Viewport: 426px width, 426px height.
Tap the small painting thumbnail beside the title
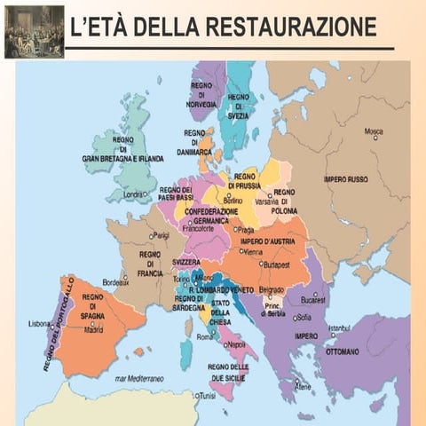point(34,30)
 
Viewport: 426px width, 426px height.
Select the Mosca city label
point(374,131)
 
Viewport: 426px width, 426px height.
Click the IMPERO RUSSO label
point(345,179)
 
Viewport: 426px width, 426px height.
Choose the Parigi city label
point(161,235)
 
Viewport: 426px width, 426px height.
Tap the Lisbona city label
point(40,323)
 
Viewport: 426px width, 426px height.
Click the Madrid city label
point(93,329)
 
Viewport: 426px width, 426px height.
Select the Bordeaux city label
point(115,282)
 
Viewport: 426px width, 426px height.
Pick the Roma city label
point(205,337)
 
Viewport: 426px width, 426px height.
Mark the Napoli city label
point(236,343)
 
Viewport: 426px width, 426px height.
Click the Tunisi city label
point(207,396)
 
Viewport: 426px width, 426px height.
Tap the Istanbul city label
point(339,327)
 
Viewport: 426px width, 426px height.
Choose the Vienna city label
point(252,251)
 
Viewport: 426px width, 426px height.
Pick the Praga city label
point(246,230)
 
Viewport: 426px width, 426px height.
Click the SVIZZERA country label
point(186,263)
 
